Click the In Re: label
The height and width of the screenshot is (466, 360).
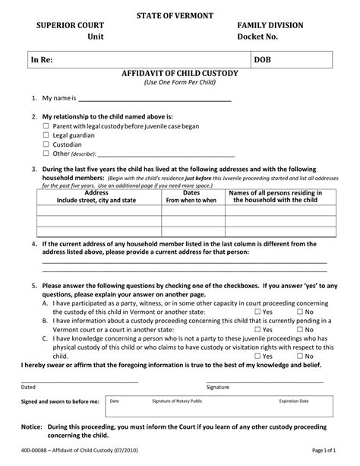42,59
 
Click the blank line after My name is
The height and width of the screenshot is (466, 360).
144,99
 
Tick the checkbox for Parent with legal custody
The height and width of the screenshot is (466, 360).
46,125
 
